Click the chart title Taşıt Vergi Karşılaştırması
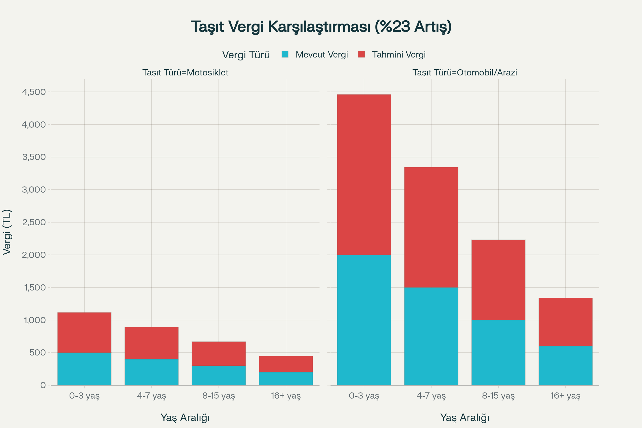tap(321, 27)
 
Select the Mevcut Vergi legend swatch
tap(285, 54)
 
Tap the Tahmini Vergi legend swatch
tap(361, 54)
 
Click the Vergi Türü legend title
tap(246, 55)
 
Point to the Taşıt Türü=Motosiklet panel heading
tap(185, 72)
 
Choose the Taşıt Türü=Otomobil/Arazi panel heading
tap(465, 72)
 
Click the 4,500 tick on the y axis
tap(34, 92)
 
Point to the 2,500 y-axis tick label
tap(34, 222)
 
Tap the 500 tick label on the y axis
tap(37, 352)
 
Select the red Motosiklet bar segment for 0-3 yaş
tap(84, 333)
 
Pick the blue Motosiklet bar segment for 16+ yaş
tap(286, 379)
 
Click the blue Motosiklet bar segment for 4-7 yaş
tap(151, 372)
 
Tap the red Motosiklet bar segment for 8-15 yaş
tap(219, 353)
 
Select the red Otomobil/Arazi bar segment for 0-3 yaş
tap(364, 175)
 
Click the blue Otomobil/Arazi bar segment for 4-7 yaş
tap(431, 336)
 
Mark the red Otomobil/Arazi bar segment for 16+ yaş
tap(565, 322)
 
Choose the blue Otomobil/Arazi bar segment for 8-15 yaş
tap(498, 352)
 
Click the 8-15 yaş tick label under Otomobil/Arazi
tap(498, 396)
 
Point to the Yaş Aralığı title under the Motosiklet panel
tap(185, 418)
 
